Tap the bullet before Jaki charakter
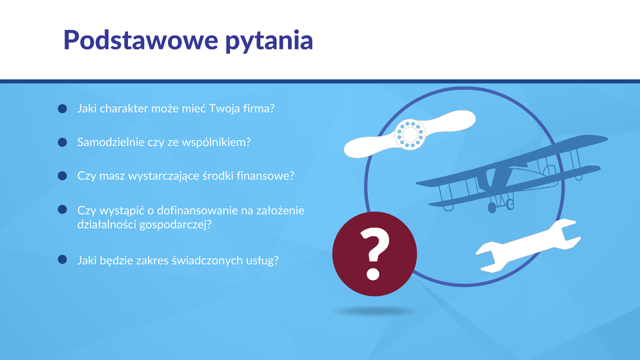(62, 109)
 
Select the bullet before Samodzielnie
(62, 142)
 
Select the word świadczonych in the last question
(207, 261)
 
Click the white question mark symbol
(374, 254)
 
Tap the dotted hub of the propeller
(410, 134)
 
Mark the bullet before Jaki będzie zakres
(62, 259)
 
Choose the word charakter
(124, 109)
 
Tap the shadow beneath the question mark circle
(375, 311)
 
